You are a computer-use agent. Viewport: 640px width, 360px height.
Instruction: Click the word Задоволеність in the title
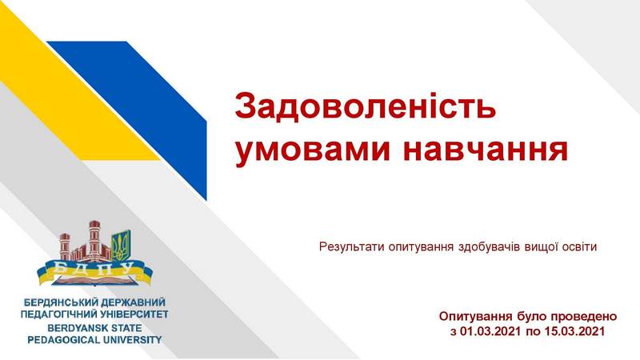366,105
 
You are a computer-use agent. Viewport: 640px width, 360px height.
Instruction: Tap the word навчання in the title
486,150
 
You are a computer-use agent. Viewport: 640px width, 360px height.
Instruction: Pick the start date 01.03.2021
490,330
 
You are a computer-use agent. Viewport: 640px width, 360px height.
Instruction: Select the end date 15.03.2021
574,330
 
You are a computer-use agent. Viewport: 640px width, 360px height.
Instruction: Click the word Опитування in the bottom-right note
475,317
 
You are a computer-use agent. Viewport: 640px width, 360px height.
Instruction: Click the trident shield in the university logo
122,246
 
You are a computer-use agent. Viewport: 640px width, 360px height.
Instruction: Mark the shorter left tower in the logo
65,247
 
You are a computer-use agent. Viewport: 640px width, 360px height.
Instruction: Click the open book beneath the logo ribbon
94,282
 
